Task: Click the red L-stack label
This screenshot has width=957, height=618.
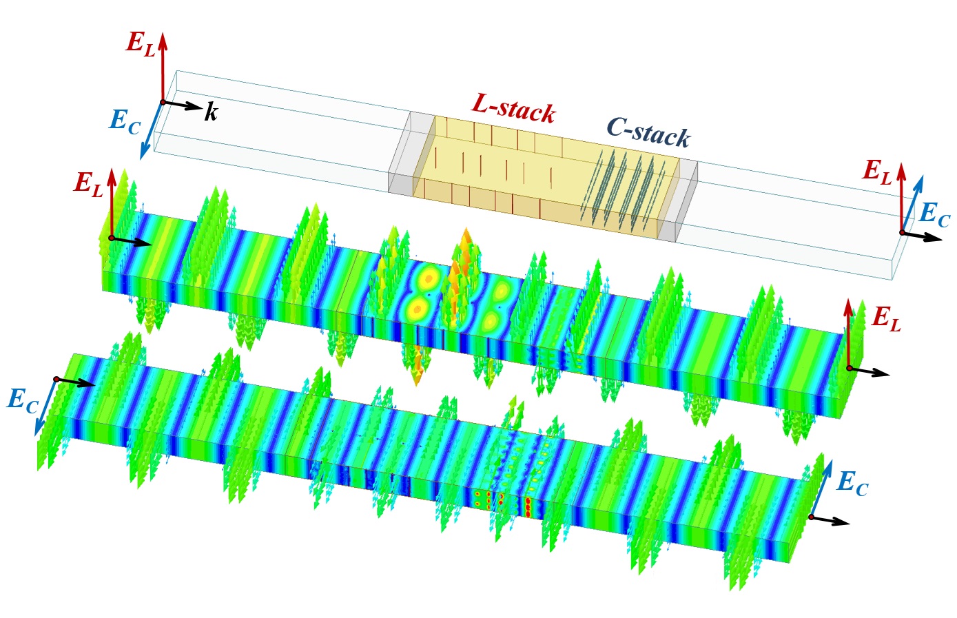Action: click(x=513, y=108)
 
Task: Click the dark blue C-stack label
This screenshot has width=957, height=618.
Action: click(x=648, y=131)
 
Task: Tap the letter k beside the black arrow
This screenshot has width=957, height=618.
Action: click(x=211, y=112)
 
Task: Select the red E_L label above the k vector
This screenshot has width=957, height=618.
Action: click(x=141, y=43)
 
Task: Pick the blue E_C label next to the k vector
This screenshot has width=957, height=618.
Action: click(x=125, y=122)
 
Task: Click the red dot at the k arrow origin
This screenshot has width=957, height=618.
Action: click(x=163, y=103)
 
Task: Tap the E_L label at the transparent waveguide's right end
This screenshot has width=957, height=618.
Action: click(x=877, y=172)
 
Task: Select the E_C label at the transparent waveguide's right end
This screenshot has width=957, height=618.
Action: click(x=935, y=215)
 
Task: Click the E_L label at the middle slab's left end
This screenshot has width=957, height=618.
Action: click(x=89, y=183)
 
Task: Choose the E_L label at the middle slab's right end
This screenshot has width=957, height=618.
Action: click(x=886, y=319)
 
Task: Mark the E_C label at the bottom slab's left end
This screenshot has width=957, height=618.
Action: click(x=22, y=400)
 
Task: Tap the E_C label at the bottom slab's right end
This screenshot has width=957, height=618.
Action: click(x=852, y=484)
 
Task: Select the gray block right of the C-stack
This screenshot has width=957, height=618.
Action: click(x=679, y=204)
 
